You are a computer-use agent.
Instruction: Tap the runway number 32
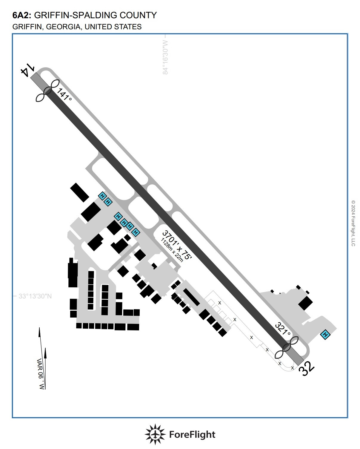coord(307,369)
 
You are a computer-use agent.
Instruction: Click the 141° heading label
coord(64,94)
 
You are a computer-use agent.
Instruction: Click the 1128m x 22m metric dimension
coord(172,250)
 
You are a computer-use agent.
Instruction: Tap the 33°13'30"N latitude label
coord(35,296)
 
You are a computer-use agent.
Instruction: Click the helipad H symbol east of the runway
coord(325,335)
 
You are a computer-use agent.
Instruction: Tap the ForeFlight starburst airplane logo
coord(155,434)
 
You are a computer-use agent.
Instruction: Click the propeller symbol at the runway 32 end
coord(287,347)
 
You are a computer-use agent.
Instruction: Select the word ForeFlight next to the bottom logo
coord(192,434)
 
